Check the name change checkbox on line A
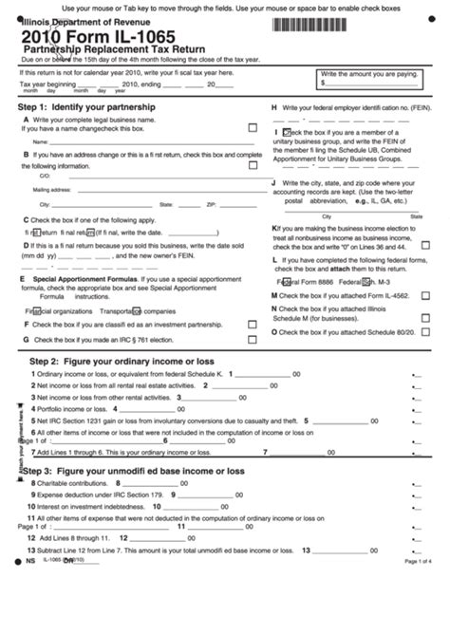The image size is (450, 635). (x=253, y=127)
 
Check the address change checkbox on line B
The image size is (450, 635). (x=253, y=154)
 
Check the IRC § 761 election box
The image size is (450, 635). (x=253, y=338)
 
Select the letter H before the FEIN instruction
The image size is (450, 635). (x=274, y=108)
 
